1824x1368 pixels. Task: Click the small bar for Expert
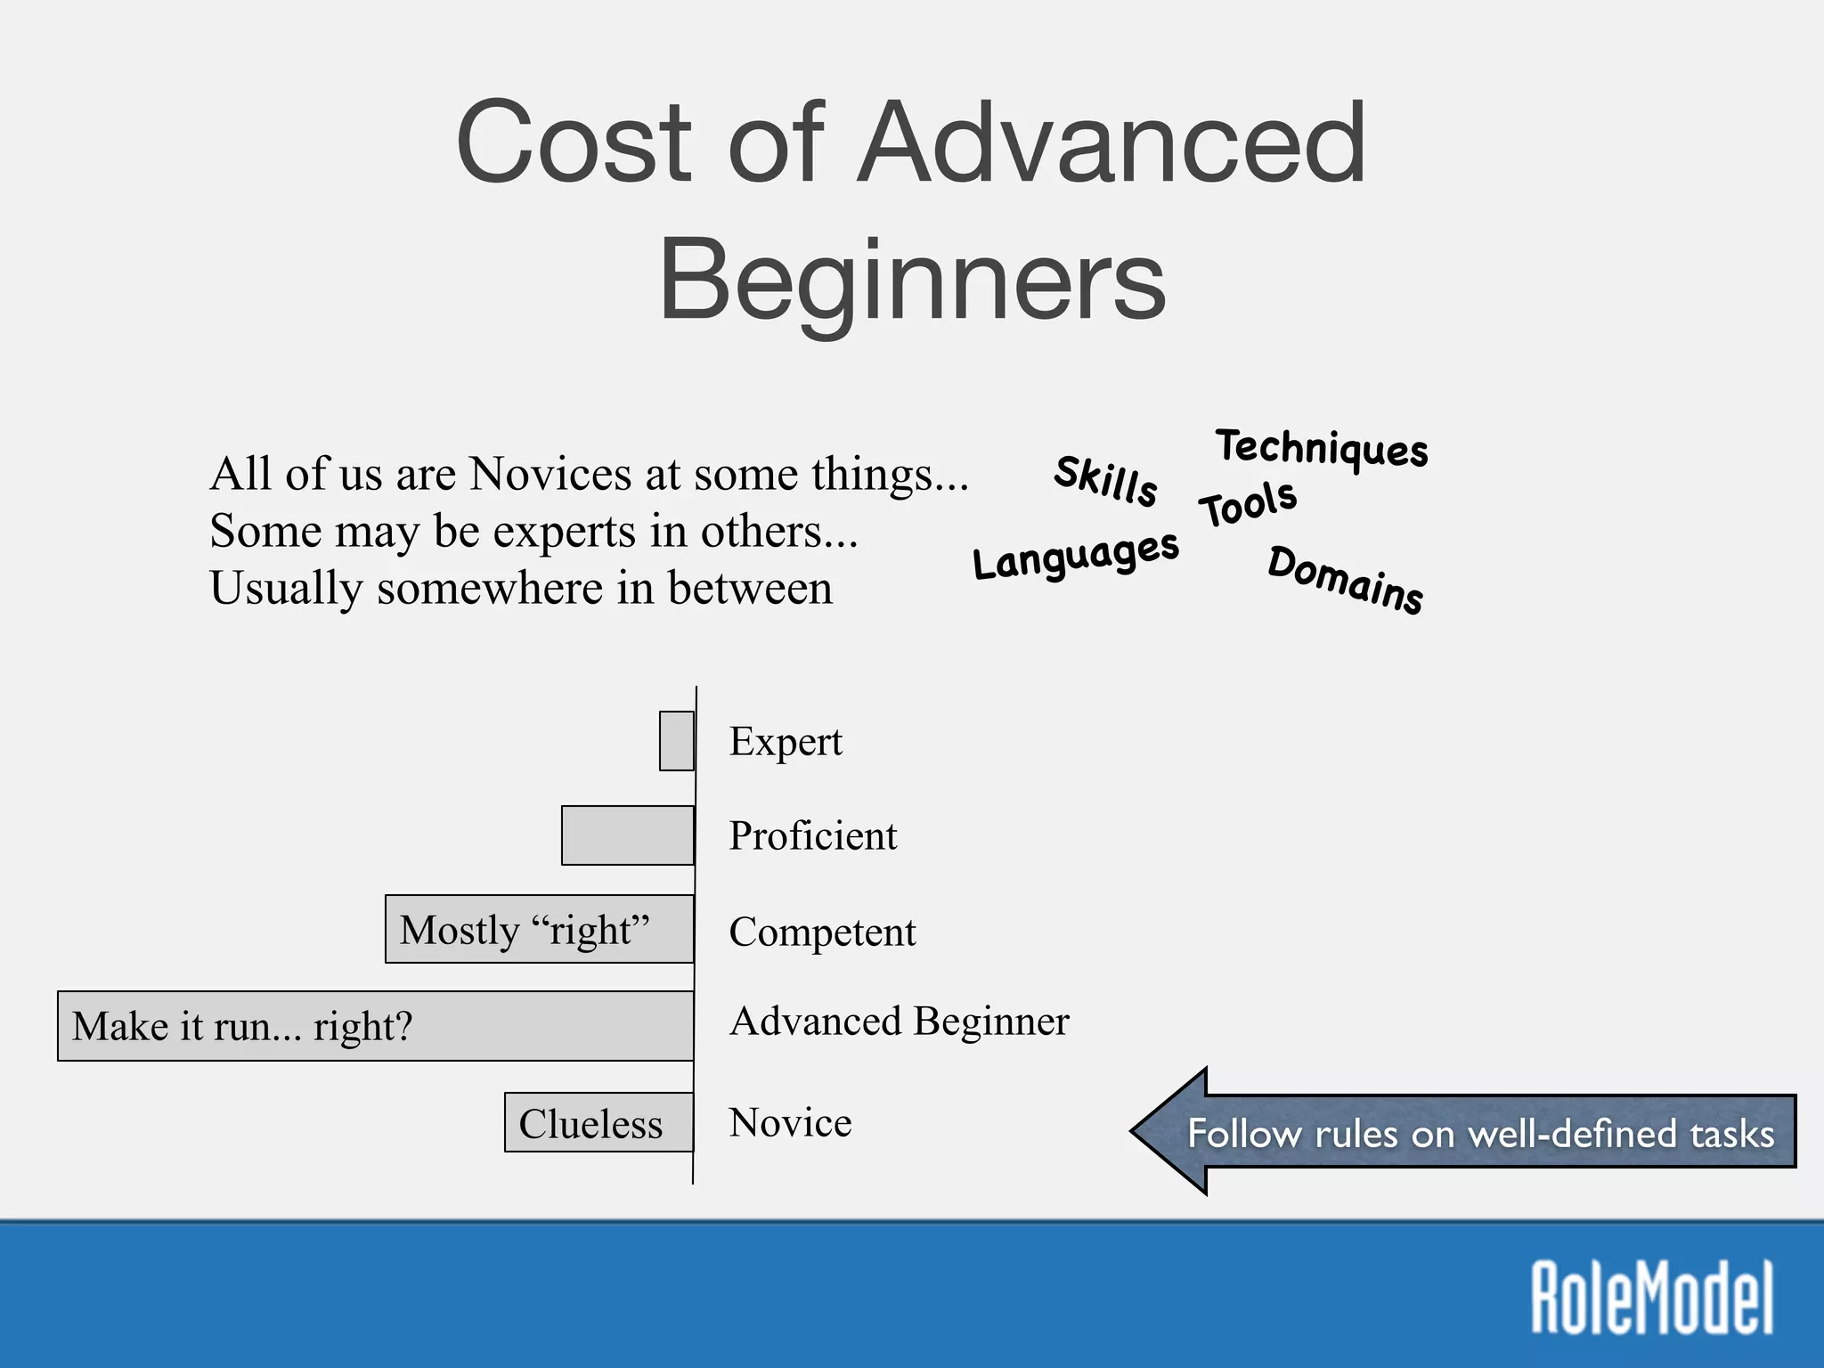677,741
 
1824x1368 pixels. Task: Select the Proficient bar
628,835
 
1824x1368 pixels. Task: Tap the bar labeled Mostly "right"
540,930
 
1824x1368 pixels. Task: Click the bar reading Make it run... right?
376,1026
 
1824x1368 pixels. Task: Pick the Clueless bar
598,1122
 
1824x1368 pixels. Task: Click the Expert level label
786,742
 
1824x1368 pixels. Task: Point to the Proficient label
813,836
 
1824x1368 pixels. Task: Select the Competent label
822,932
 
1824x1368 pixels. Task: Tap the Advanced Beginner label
900,1022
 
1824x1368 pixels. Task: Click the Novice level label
790,1123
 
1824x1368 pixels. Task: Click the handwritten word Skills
1106,481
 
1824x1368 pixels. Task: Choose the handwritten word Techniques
1323,448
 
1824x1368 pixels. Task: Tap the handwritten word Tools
1248,503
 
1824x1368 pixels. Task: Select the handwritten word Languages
1076,557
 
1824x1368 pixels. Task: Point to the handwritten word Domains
1346,580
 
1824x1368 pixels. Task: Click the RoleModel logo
1652,1297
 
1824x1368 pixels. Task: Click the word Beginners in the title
912,281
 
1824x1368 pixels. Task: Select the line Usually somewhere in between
521,589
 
